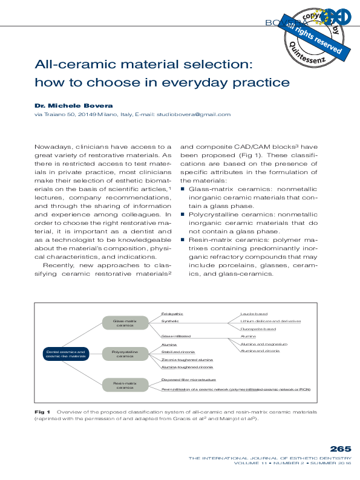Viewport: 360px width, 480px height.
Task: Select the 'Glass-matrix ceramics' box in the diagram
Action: coord(125,323)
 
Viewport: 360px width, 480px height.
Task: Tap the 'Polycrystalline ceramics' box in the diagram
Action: coord(125,354)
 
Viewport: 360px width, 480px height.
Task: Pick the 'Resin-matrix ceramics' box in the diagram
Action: coord(125,385)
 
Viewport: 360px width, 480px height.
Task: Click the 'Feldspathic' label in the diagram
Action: coord(172,314)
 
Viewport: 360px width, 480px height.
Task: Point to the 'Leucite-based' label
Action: coord(254,314)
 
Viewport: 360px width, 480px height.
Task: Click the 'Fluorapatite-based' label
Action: coord(258,328)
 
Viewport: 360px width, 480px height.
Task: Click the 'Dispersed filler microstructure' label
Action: coord(189,380)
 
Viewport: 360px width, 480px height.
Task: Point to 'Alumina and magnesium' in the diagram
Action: coord(263,343)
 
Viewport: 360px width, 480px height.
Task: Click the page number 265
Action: coord(341,449)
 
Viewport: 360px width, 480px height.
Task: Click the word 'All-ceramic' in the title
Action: coord(73,64)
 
